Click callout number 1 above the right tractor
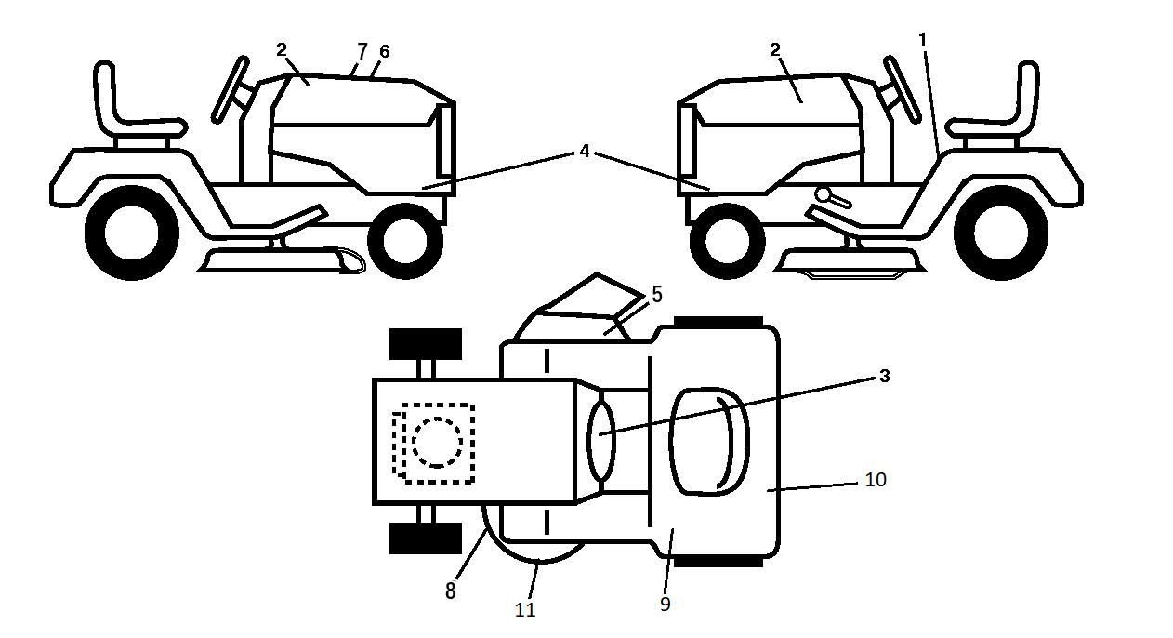(x=923, y=39)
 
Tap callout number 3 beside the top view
(x=884, y=376)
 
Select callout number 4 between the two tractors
(x=585, y=152)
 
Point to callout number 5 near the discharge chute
(x=656, y=295)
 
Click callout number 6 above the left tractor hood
(x=385, y=51)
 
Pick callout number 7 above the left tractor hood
(x=362, y=51)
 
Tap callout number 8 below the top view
(x=451, y=591)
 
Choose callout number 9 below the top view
(x=666, y=604)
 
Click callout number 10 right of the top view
(x=876, y=479)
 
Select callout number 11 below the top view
(x=525, y=610)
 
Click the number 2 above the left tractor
(x=282, y=50)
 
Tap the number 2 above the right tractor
(x=775, y=50)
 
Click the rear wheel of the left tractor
(x=131, y=233)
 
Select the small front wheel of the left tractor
(x=405, y=241)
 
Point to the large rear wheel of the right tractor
(x=1001, y=233)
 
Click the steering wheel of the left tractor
(x=230, y=89)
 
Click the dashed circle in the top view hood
(x=437, y=443)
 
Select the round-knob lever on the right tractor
(x=832, y=197)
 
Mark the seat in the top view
(x=709, y=443)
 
